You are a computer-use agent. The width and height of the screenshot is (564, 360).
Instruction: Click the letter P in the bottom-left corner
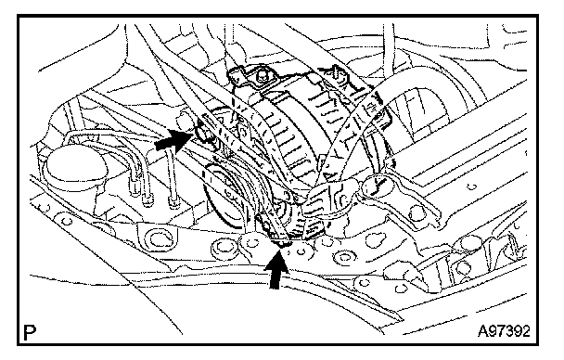30,333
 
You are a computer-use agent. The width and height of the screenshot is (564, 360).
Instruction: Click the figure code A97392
504,331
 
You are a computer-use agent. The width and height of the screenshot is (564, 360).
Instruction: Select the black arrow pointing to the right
174,140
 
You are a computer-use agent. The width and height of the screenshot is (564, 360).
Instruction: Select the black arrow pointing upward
276,269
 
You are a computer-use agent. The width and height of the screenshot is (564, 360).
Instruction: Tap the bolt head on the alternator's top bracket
261,75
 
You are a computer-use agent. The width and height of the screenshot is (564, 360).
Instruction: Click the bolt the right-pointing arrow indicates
202,131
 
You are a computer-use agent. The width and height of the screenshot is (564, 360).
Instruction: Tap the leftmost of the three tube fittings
135,189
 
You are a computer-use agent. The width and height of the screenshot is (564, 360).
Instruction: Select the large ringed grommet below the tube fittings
158,240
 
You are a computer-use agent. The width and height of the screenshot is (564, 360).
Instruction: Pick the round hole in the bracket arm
417,212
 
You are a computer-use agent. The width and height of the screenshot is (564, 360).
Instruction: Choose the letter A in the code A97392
482,331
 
